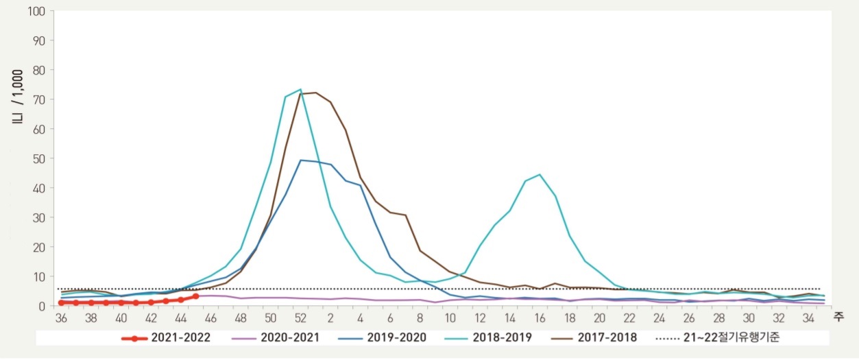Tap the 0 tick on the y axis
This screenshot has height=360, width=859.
pos(40,306)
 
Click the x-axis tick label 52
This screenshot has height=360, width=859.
pos(300,318)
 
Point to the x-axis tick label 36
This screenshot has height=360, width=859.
pos(62,318)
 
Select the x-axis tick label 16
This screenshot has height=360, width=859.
pos(540,318)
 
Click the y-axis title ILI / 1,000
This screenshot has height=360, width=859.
pos(18,95)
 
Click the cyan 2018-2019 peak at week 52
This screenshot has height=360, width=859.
pos(300,89)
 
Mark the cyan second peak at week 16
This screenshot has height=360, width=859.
pos(540,174)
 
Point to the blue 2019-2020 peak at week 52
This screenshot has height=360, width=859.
pos(300,160)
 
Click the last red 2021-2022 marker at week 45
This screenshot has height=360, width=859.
pos(196,296)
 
